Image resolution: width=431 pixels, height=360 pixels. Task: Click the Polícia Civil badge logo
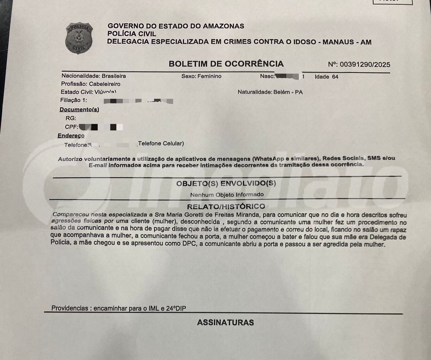79,38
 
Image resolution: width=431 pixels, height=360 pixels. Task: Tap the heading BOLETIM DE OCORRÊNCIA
226,64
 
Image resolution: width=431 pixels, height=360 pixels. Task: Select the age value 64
335,77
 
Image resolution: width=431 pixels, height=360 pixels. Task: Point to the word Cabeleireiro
105,84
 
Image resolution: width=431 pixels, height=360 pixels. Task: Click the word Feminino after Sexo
209,76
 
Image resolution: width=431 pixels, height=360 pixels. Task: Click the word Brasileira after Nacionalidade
113,76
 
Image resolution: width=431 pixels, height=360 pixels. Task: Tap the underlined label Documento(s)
79,110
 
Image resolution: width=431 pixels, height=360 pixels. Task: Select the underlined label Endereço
71,136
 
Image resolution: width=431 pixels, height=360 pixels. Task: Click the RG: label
71,118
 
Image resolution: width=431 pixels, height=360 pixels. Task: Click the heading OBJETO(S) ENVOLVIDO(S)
226,184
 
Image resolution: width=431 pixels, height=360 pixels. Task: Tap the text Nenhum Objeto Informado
227,195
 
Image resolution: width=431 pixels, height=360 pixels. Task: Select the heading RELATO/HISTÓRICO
226,207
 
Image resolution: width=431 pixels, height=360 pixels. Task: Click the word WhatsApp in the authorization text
268,159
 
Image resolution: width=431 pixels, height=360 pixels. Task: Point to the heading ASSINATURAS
225,323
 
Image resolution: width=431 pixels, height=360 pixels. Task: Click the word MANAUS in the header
337,42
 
